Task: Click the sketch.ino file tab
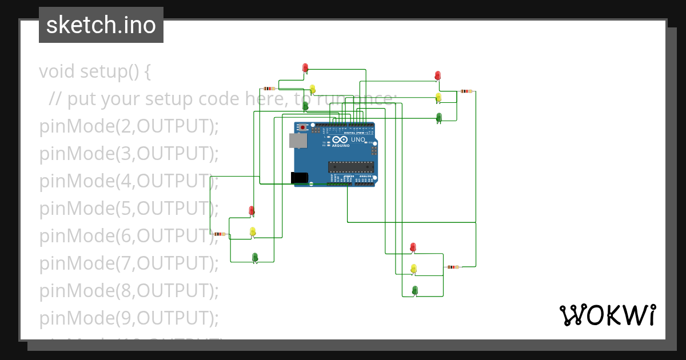[101, 25]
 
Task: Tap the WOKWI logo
[607, 315]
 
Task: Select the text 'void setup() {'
[95, 72]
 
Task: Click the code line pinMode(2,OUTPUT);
[129, 126]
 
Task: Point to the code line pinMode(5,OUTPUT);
[129, 209]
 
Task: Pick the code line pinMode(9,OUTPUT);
[129, 318]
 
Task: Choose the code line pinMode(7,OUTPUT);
[129, 263]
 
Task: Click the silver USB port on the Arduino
[297, 141]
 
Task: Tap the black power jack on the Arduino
[300, 178]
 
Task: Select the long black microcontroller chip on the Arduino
[351, 166]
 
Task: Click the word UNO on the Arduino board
[358, 139]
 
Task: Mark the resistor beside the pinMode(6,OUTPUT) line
[219, 234]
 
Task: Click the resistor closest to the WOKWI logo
[453, 267]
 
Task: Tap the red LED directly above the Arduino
[305, 68]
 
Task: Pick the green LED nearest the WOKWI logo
[415, 290]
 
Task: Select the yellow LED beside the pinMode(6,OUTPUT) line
[253, 231]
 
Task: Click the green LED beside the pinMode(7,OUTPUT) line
[255, 257]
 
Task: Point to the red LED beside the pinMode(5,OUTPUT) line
[252, 210]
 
